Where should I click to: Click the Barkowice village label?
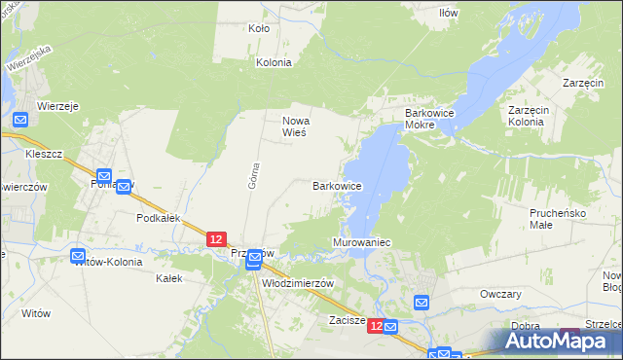(x=337, y=185)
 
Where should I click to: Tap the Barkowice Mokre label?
(x=433, y=120)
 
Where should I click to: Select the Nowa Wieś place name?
(x=295, y=126)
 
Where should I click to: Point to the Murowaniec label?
(x=361, y=241)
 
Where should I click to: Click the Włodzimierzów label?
(x=299, y=282)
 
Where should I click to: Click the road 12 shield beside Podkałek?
(x=216, y=238)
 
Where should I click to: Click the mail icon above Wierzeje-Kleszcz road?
(x=22, y=120)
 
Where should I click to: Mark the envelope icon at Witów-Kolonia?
(x=80, y=256)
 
